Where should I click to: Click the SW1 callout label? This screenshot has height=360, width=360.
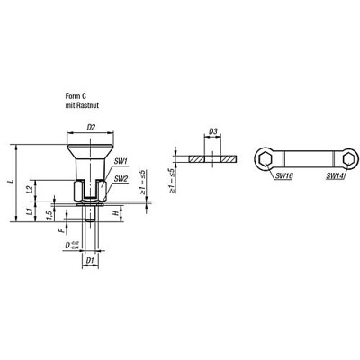119,161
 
